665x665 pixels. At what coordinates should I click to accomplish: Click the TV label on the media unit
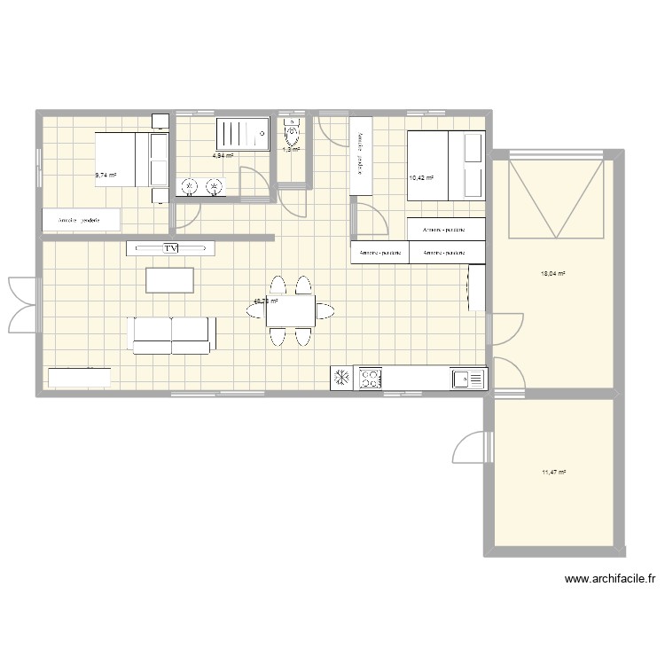coord(171,248)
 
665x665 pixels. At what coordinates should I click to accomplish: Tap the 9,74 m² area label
coord(106,176)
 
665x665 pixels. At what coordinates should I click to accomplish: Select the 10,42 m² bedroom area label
coord(421,178)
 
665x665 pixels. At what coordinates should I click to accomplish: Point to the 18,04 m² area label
coord(553,274)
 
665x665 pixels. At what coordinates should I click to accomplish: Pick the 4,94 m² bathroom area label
coord(223,156)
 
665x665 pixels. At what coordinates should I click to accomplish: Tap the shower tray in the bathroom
coord(242,135)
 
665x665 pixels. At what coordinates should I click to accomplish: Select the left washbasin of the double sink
coord(189,185)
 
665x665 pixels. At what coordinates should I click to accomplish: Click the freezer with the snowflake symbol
coord(341,379)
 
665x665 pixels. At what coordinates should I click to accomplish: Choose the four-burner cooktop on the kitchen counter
coord(368,379)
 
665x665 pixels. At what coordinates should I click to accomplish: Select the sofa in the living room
coord(172,333)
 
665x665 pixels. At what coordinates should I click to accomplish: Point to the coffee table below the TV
coord(171,280)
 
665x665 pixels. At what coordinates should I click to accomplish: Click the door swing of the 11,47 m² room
coord(471,447)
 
